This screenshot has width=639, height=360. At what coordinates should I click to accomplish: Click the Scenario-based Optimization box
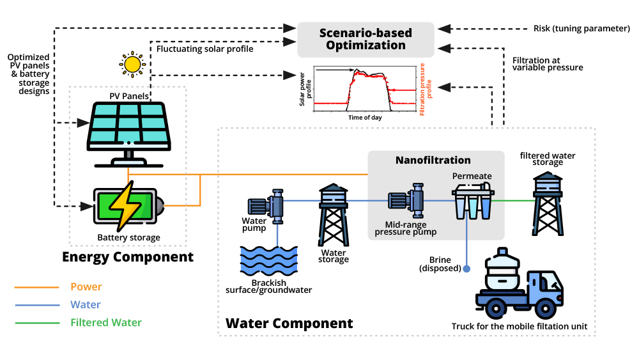coord(366,39)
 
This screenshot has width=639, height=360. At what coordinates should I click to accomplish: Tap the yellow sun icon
coord(132,64)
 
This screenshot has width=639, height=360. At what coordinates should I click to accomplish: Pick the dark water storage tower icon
coord(334,215)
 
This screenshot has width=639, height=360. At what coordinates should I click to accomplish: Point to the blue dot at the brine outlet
coord(467,269)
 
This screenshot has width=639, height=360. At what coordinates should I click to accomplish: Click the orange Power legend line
coord(37,287)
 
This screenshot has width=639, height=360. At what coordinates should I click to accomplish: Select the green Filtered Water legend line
coord(37,323)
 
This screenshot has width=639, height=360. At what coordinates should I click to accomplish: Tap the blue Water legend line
coord(37,305)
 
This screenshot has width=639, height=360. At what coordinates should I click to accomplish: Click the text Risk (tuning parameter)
coord(578,29)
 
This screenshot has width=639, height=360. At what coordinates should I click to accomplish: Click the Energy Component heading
coord(127,257)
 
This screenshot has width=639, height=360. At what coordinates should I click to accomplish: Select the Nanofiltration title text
coord(433,160)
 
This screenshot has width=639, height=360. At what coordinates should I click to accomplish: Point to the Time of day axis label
coord(365,118)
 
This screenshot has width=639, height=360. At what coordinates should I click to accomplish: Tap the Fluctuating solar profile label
coord(204,49)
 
